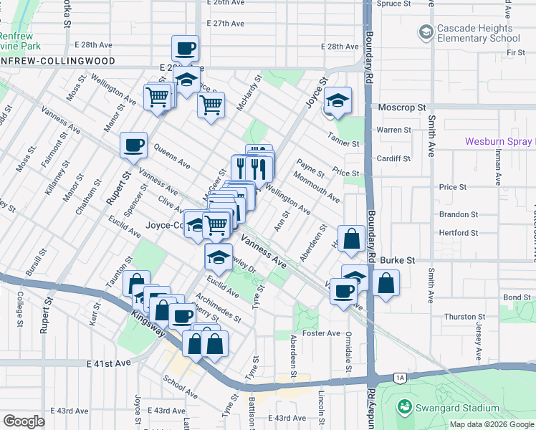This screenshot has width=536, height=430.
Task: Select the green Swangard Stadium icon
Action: click(405, 408)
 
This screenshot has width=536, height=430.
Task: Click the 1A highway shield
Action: click(400, 377)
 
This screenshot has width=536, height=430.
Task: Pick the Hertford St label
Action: click(459, 233)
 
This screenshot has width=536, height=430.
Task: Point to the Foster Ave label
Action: click(324, 333)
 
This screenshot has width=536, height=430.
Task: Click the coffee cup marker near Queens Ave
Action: click(133, 145)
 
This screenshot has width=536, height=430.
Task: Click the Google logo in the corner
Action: click(24, 421)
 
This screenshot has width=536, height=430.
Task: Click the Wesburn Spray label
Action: click(498, 142)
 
